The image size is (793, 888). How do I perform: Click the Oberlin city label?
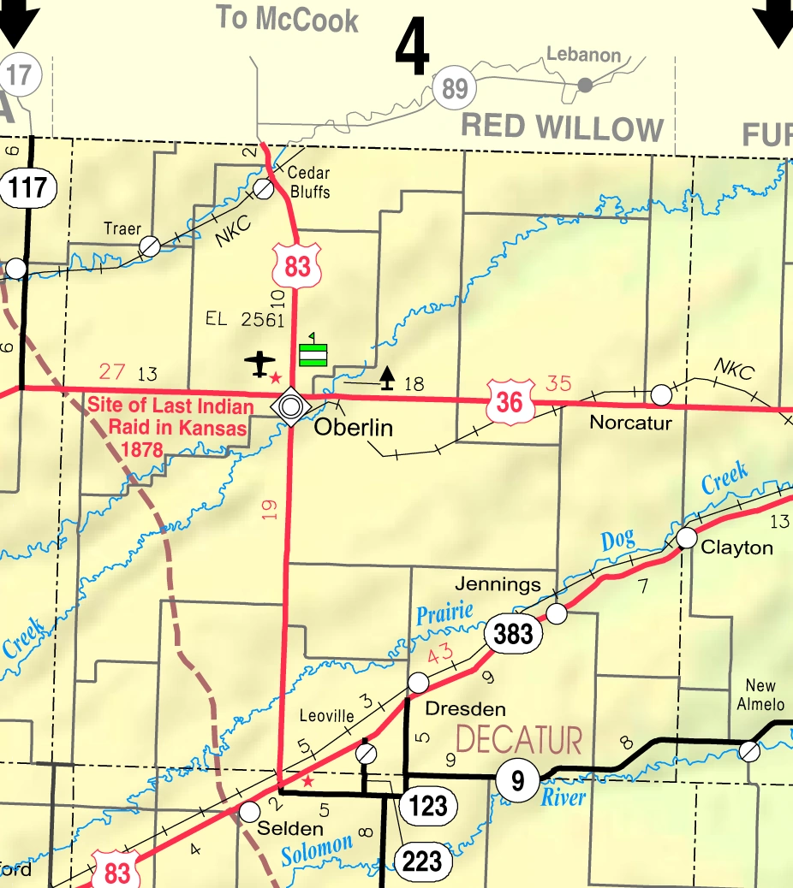[x=353, y=427]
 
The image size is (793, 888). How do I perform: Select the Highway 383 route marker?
[x=514, y=633]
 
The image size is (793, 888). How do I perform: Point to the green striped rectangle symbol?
[x=313, y=354]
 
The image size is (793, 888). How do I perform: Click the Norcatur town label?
[x=631, y=423]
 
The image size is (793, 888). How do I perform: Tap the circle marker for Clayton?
[x=687, y=537]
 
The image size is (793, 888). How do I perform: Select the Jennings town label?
[x=498, y=584]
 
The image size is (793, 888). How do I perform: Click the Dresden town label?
[x=465, y=708]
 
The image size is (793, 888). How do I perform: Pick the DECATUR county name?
[x=519, y=740]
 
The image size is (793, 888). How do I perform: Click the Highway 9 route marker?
[x=517, y=780]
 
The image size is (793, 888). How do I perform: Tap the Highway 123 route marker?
[x=428, y=805]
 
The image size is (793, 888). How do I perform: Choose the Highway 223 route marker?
[x=422, y=861]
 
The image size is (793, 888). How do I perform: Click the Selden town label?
[x=291, y=828]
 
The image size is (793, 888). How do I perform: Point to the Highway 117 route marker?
[x=29, y=186]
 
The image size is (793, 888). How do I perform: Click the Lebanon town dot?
[x=585, y=85]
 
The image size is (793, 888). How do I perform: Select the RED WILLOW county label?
[x=562, y=128]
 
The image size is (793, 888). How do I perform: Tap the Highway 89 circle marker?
[x=454, y=88]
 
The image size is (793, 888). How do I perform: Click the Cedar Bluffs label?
[x=309, y=182]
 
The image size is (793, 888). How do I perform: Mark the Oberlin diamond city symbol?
[x=290, y=406]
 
